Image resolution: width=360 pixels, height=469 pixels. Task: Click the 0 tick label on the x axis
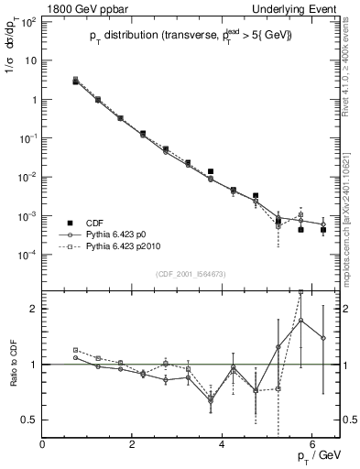pos(43,444)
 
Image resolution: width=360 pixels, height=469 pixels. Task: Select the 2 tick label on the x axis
pos(133,444)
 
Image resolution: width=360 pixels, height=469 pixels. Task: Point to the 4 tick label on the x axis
pos(223,444)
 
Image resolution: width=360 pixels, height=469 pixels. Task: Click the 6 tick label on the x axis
pos(312,444)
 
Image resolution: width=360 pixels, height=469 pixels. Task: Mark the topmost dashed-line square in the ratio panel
pos(300,292)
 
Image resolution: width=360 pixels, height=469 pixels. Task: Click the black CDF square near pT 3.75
pos(211,171)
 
